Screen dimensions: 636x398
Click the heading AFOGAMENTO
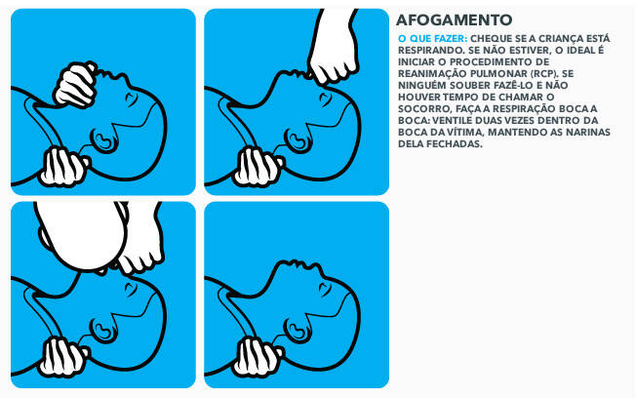pyautogui.click(x=454, y=20)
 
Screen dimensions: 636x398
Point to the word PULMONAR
pyautogui.click(x=502, y=74)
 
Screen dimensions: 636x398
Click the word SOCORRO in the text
pyautogui.click(x=424, y=108)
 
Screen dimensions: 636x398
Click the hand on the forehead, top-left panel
pyautogui.click(x=76, y=85)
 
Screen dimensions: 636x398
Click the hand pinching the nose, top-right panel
pyautogui.click(x=332, y=47)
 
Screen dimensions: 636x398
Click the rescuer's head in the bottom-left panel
pyautogui.click(x=81, y=234)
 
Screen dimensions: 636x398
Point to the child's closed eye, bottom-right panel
pyautogui.click(x=325, y=289)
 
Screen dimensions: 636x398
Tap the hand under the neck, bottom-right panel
pyautogui.click(x=257, y=357)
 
